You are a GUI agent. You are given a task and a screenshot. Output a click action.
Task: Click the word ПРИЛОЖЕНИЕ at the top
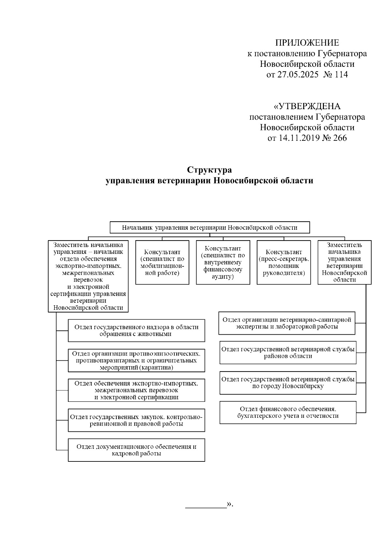tap(307, 43)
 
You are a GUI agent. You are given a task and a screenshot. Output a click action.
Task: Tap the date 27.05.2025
tap(297, 75)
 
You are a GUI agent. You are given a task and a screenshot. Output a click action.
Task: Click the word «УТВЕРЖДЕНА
tap(307, 106)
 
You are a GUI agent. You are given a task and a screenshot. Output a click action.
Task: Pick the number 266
tap(340, 138)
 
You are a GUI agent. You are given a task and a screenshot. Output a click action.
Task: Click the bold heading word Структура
tap(209, 170)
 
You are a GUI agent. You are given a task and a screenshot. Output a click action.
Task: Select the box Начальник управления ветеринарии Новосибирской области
tap(210, 227)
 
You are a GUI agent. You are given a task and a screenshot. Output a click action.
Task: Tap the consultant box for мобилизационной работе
tap(162, 262)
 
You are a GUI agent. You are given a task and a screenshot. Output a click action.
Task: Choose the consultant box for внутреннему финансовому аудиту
tap(223, 262)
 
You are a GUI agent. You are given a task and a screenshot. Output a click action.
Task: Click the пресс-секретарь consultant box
tap(283, 262)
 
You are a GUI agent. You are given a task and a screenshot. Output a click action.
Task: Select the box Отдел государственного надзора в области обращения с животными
tap(136, 330)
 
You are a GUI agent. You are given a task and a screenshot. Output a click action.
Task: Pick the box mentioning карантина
tap(136, 360)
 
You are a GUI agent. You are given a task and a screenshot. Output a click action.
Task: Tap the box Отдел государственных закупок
tap(136, 420)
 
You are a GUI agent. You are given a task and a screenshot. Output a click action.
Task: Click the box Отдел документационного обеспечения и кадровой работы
tap(136, 450)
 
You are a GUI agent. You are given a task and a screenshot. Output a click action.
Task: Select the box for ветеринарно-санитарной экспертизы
tap(287, 323)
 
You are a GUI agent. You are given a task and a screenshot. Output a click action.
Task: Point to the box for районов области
tap(288, 353)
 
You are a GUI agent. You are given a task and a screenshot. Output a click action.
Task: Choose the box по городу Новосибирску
tap(288, 383)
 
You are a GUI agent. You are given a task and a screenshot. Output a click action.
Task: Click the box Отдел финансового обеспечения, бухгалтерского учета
tap(288, 412)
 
